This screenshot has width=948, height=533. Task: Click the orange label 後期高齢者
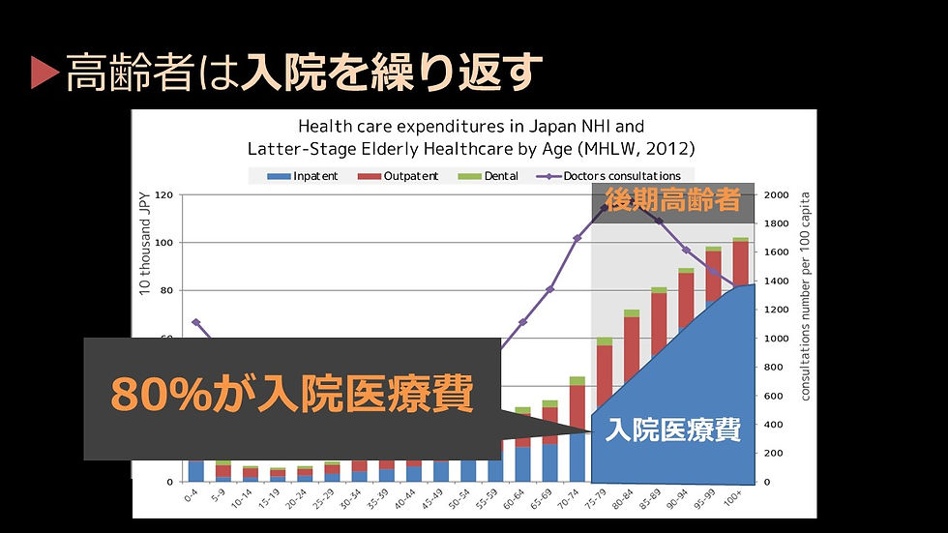click(x=672, y=201)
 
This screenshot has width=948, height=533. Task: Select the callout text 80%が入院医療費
click(x=291, y=395)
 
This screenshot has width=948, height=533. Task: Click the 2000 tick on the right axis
click(x=777, y=195)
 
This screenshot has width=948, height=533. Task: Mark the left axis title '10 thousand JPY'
click(x=144, y=243)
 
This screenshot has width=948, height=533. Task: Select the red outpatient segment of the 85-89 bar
click(x=658, y=319)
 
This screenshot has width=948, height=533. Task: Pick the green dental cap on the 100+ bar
click(x=740, y=239)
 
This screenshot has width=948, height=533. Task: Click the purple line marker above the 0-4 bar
click(x=196, y=322)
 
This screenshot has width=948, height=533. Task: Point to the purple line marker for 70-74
click(x=577, y=238)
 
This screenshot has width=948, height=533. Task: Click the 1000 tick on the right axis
click(x=777, y=339)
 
